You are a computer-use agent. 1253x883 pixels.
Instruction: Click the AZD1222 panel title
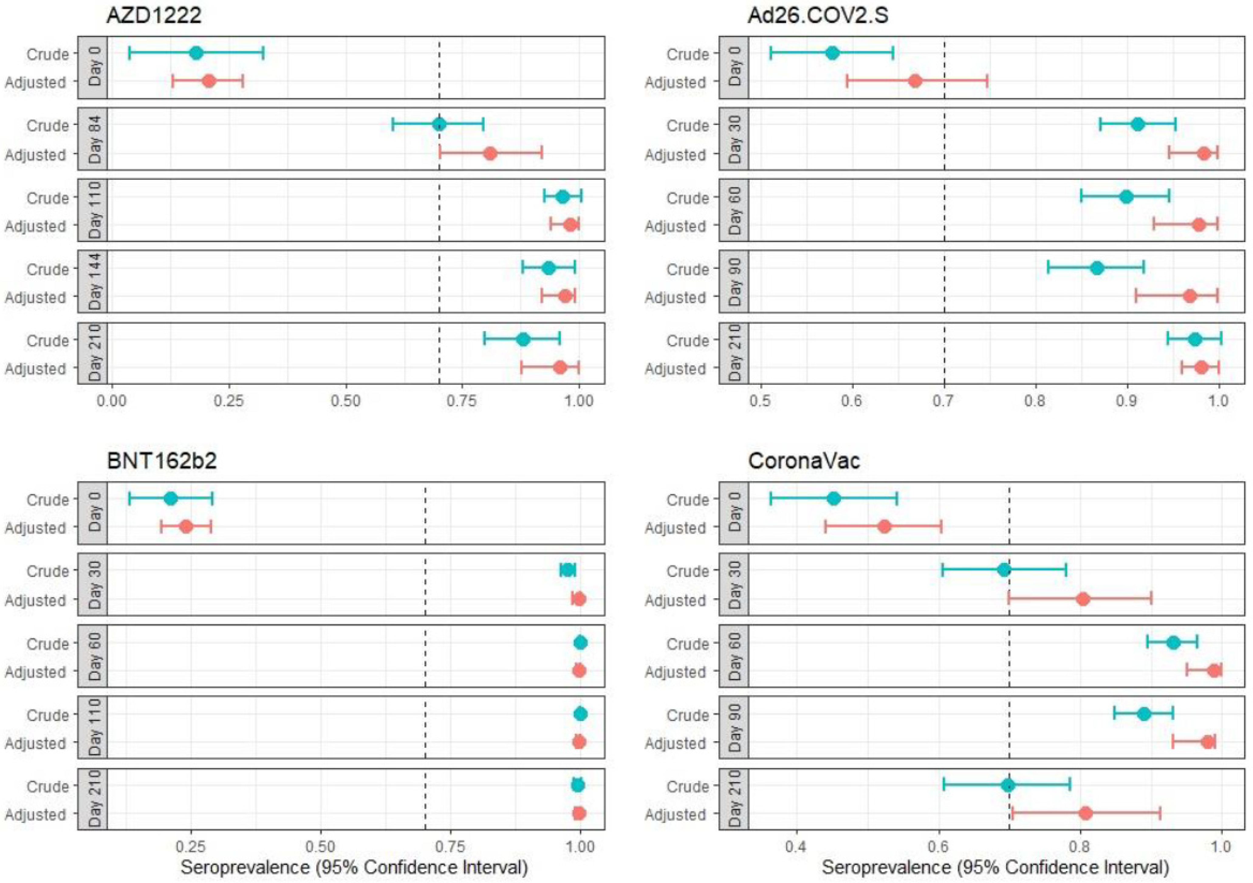154,15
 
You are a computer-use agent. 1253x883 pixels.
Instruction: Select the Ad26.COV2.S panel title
817,15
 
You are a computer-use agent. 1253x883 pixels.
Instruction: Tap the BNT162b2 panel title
162,460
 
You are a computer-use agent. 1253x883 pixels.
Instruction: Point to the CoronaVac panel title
804,460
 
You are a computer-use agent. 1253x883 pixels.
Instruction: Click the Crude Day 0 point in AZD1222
196,53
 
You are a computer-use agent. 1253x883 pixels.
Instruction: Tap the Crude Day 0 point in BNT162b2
171,498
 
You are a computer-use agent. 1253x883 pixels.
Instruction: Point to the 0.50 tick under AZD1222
345,401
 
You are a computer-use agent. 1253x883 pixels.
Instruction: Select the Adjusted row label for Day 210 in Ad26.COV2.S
675,369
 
